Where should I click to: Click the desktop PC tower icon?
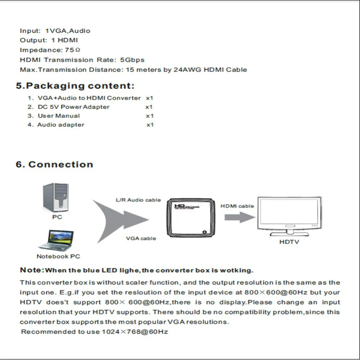click(x=55, y=197)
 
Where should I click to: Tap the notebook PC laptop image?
click(x=56, y=240)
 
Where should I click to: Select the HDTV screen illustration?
click(x=289, y=216)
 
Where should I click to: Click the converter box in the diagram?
click(x=190, y=218)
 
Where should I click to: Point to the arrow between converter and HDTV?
click(x=240, y=217)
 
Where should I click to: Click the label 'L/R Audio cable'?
click(x=138, y=200)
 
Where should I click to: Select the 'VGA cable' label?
click(x=141, y=239)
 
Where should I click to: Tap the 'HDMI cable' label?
click(x=237, y=206)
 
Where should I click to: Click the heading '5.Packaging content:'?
click(x=75, y=86)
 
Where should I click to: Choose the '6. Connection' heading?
click(x=54, y=165)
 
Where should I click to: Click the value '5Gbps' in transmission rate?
click(x=132, y=60)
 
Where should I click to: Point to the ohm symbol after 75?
click(x=78, y=50)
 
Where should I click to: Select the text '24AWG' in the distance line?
click(x=187, y=69)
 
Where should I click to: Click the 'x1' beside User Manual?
click(x=150, y=116)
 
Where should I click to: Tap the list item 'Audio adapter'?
click(x=61, y=125)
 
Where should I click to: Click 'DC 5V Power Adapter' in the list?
click(x=74, y=107)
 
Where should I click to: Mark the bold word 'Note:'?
click(x=32, y=270)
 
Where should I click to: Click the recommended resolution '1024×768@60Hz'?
click(x=135, y=332)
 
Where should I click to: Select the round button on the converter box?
click(x=204, y=232)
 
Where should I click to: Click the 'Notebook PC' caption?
click(x=58, y=256)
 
